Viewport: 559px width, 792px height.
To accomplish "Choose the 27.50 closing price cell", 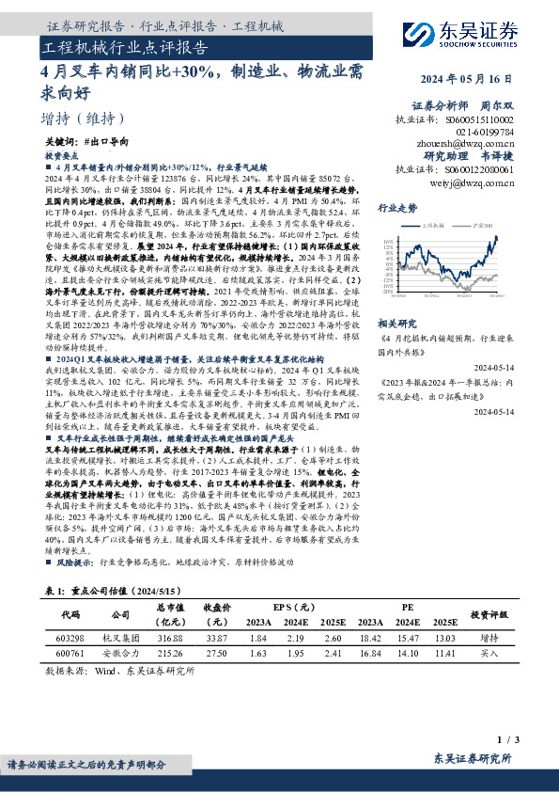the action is [217, 651].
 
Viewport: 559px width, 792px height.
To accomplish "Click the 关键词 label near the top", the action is [61, 140].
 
